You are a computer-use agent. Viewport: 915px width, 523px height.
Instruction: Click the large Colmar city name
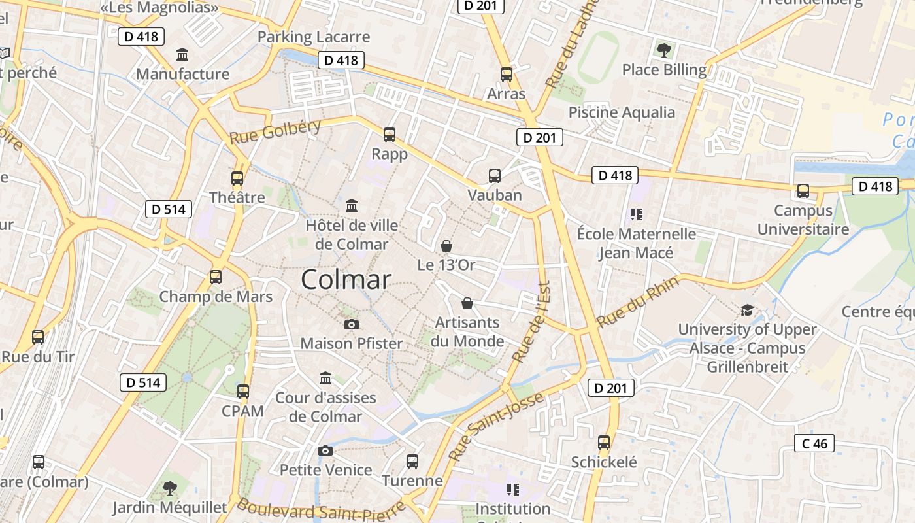346,280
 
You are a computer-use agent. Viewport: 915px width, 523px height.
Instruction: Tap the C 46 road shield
814,443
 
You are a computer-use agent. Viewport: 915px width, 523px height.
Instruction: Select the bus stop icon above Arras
507,74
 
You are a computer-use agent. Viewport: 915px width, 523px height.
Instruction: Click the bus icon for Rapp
390,135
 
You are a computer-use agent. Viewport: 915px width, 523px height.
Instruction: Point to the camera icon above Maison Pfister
351,324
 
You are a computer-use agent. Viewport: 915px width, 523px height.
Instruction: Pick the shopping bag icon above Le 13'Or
446,246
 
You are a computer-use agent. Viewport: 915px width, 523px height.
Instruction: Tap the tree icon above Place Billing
664,50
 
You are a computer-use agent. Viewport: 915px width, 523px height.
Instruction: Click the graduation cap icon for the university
747,310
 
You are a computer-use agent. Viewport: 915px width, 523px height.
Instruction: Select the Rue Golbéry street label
275,132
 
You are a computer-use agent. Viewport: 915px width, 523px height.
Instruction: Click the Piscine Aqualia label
622,112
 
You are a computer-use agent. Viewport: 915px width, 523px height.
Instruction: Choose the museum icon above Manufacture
182,54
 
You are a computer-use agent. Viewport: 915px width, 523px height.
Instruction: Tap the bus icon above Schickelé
604,443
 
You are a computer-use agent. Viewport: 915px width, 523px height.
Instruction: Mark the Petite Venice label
325,470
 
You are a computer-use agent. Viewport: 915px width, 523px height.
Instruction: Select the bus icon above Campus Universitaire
803,191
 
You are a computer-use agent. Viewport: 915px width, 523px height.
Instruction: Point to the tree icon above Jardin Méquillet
170,488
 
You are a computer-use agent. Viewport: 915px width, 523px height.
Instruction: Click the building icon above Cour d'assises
325,378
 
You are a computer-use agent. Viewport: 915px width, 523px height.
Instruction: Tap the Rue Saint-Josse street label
497,426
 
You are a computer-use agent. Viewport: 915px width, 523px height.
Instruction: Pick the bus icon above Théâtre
237,178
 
